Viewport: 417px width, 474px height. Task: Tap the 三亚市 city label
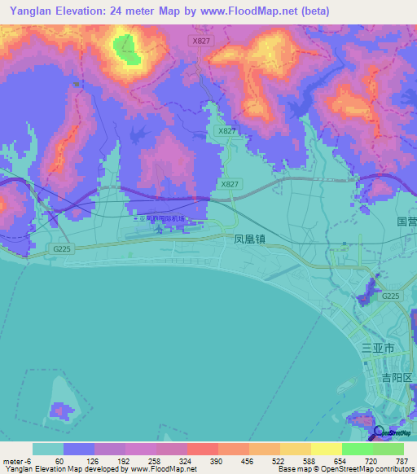click(x=377, y=348)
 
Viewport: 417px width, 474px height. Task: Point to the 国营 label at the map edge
click(x=406, y=222)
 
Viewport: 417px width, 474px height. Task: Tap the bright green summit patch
click(x=127, y=48)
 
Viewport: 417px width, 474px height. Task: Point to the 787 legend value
click(x=401, y=460)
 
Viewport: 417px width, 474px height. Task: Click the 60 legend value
click(x=59, y=460)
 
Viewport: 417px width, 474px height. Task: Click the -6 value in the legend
click(x=29, y=460)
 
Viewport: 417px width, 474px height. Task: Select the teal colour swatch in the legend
click(x=48, y=449)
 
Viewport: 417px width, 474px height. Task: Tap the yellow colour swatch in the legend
click(x=296, y=449)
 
